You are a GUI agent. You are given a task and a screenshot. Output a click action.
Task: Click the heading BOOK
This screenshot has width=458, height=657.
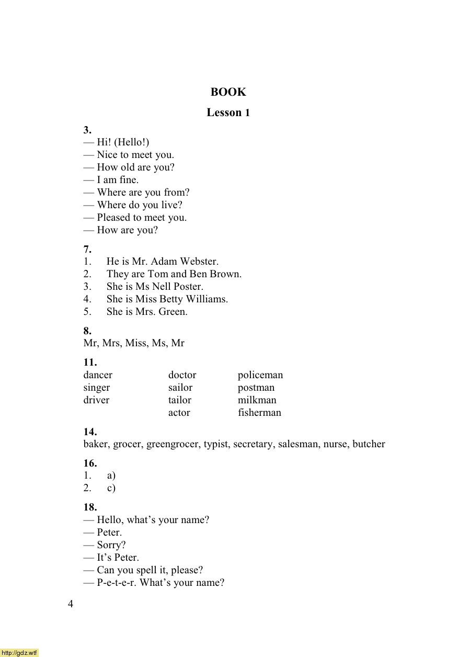click(228, 92)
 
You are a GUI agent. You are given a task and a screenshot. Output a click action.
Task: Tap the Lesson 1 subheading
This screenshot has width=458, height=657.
click(228, 112)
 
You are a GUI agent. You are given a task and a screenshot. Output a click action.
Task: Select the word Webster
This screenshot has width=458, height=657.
click(199, 262)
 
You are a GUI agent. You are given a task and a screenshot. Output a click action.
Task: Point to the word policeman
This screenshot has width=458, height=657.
click(260, 375)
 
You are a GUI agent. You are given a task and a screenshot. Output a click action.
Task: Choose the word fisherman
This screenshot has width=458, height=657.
click(259, 413)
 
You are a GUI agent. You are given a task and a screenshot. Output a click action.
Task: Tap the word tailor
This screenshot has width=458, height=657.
click(180, 400)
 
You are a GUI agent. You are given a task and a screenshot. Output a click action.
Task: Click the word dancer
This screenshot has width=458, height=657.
click(98, 375)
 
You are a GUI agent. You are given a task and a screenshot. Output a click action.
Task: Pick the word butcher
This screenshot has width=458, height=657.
click(369, 444)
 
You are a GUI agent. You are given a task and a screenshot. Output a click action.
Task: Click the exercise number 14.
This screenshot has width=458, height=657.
click(90, 432)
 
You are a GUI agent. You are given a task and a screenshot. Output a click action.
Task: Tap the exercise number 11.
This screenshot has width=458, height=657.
click(90, 363)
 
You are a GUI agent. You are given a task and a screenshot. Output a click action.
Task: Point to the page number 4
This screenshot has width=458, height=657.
click(71, 605)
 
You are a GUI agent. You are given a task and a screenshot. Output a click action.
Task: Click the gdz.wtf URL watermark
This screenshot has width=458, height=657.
click(19, 652)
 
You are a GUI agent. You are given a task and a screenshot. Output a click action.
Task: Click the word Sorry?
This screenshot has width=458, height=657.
click(111, 545)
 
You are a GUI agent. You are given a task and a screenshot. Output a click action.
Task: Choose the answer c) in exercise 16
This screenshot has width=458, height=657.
click(111, 488)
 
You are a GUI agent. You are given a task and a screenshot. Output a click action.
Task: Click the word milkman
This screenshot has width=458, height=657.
click(257, 400)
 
